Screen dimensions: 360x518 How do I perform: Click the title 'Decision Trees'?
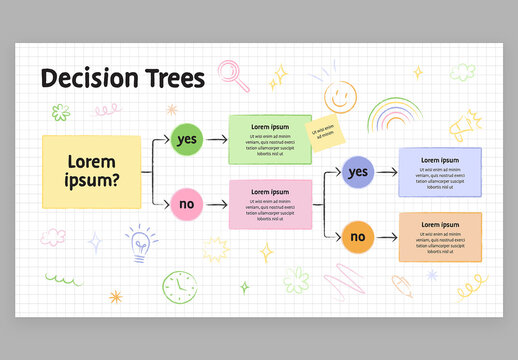click(x=122, y=78)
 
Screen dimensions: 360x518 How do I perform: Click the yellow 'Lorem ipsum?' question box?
click(x=91, y=171)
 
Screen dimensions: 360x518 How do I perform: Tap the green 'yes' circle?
click(x=187, y=139)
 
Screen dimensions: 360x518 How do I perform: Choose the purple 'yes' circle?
click(x=357, y=172)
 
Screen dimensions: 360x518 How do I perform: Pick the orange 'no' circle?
click(x=357, y=237)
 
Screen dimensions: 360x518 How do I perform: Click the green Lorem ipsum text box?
click(x=270, y=139)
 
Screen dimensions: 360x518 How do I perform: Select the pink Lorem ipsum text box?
click(x=270, y=204)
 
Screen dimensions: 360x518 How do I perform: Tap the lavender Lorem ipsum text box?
click(x=440, y=172)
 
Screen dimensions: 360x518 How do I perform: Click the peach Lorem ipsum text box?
click(x=440, y=237)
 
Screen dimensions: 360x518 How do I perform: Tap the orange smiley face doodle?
click(x=340, y=96)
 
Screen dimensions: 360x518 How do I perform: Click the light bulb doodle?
click(x=141, y=241)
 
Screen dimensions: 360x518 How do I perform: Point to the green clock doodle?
click(x=176, y=286)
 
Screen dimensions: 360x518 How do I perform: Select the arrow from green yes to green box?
click(x=216, y=139)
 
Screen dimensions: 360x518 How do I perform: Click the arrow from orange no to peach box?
click(x=386, y=237)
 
